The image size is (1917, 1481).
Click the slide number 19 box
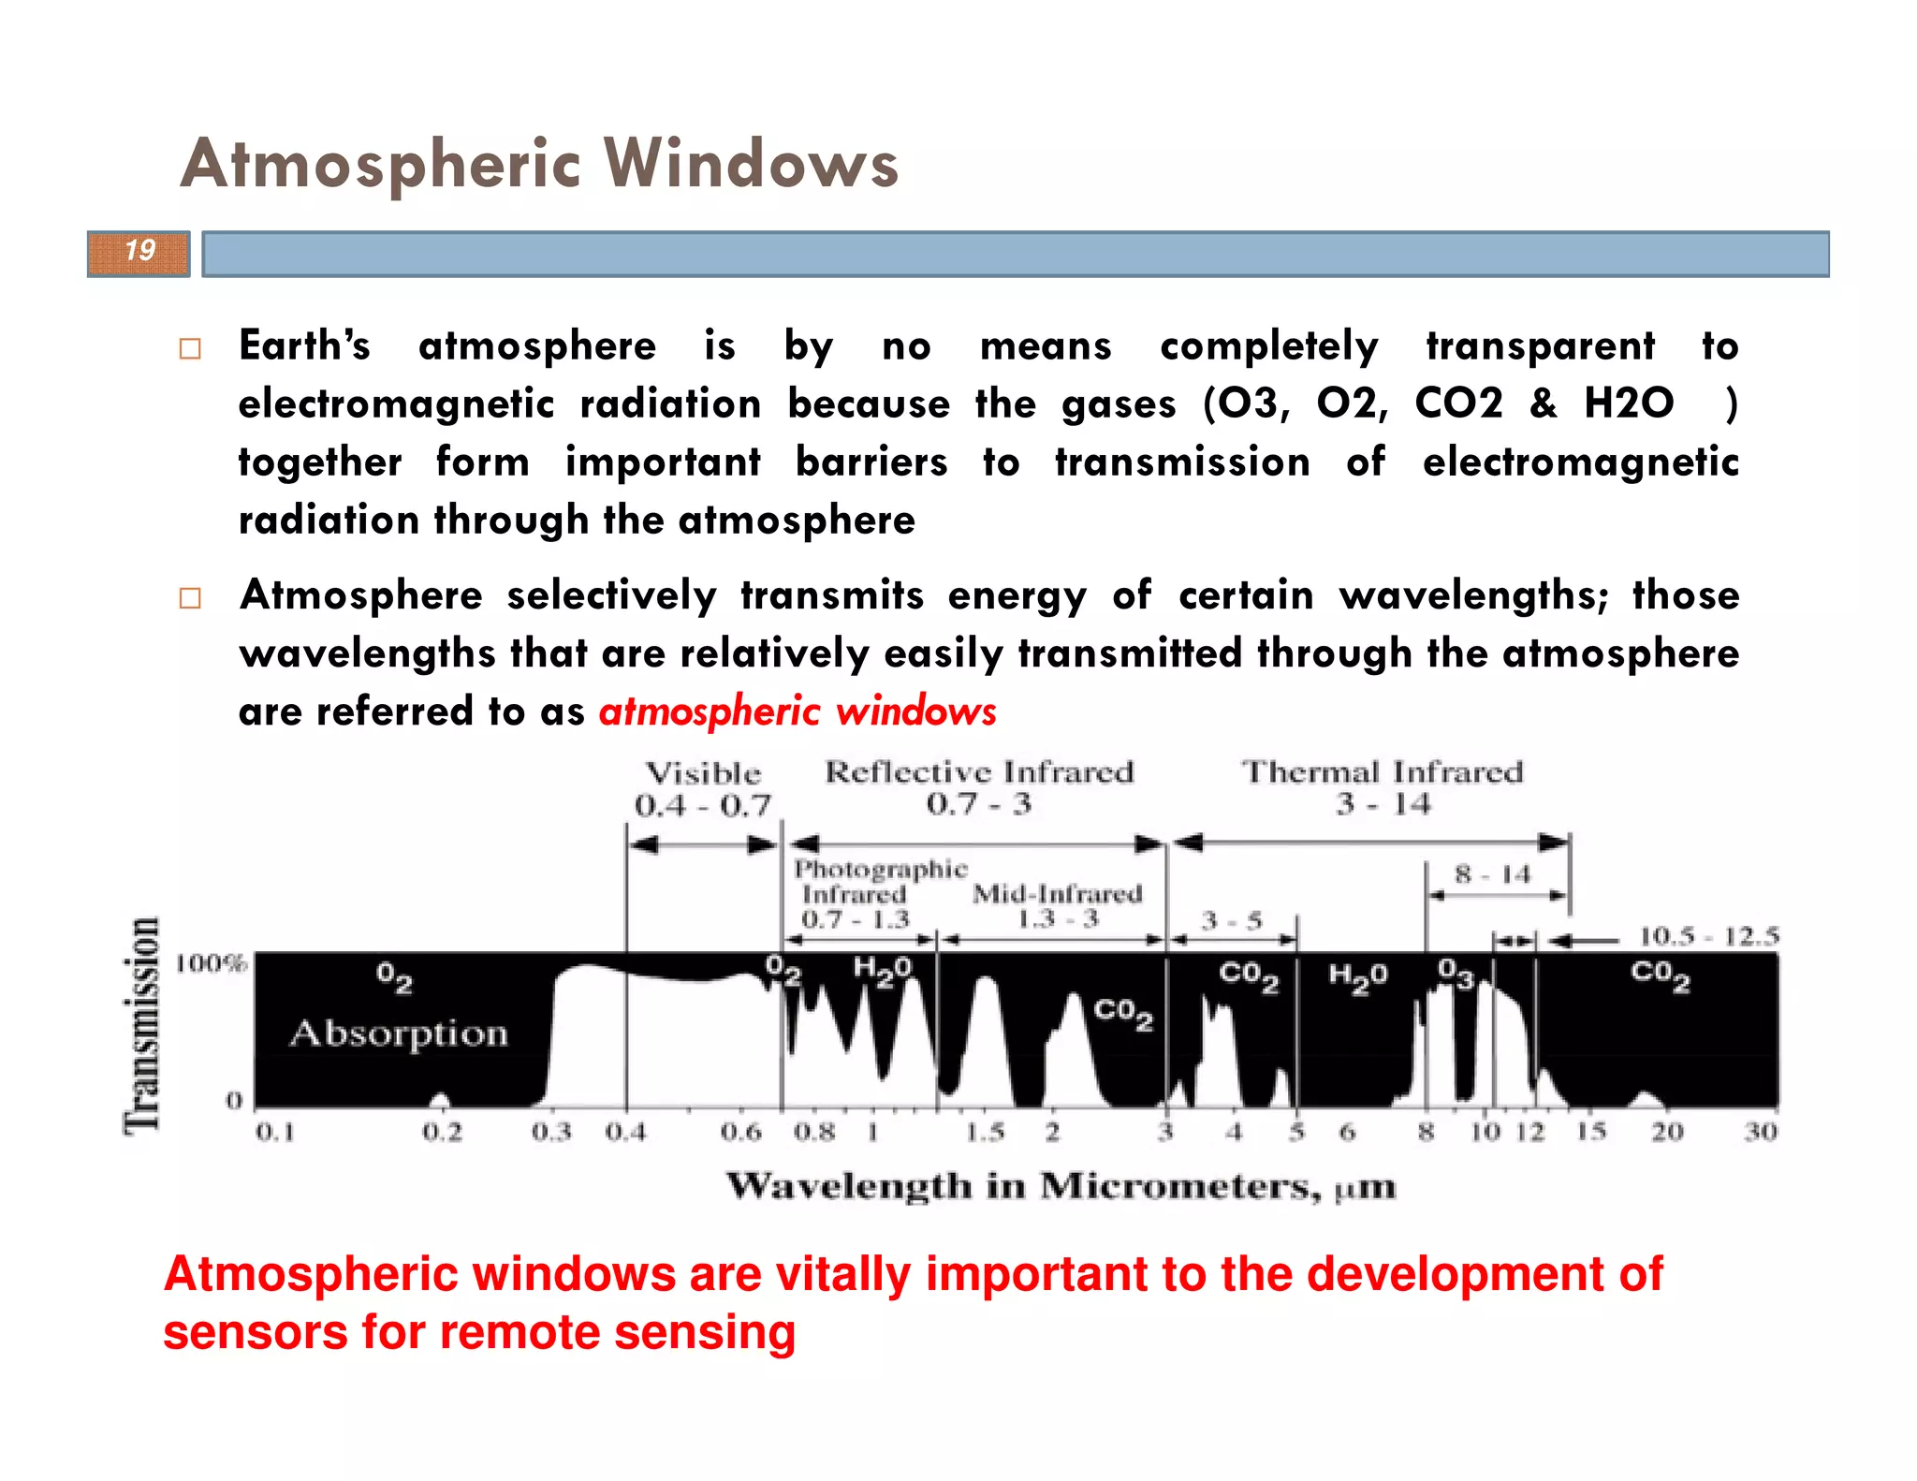point(139,253)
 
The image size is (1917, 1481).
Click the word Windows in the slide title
point(752,164)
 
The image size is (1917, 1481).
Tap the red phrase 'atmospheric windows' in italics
point(798,711)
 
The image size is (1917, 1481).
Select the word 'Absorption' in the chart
point(399,1034)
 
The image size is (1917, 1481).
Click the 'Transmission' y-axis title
point(142,1025)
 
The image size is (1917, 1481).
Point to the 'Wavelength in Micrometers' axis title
point(1061,1187)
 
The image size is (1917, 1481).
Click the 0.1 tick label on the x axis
point(275,1133)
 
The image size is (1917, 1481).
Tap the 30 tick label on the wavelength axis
point(1760,1132)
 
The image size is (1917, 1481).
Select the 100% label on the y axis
point(212,963)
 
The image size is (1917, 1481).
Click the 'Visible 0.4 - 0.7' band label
point(703,789)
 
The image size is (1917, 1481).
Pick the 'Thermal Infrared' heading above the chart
point(1383,772)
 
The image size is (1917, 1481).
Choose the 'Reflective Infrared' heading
point(979,772)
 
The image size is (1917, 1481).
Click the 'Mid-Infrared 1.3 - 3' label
point(1058,905)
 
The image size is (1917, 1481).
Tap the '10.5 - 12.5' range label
point(1708,936)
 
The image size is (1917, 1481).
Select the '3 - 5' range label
point(1232,921)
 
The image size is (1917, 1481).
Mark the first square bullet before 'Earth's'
point(190,349)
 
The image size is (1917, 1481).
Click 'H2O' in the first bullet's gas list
point(1629,403)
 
